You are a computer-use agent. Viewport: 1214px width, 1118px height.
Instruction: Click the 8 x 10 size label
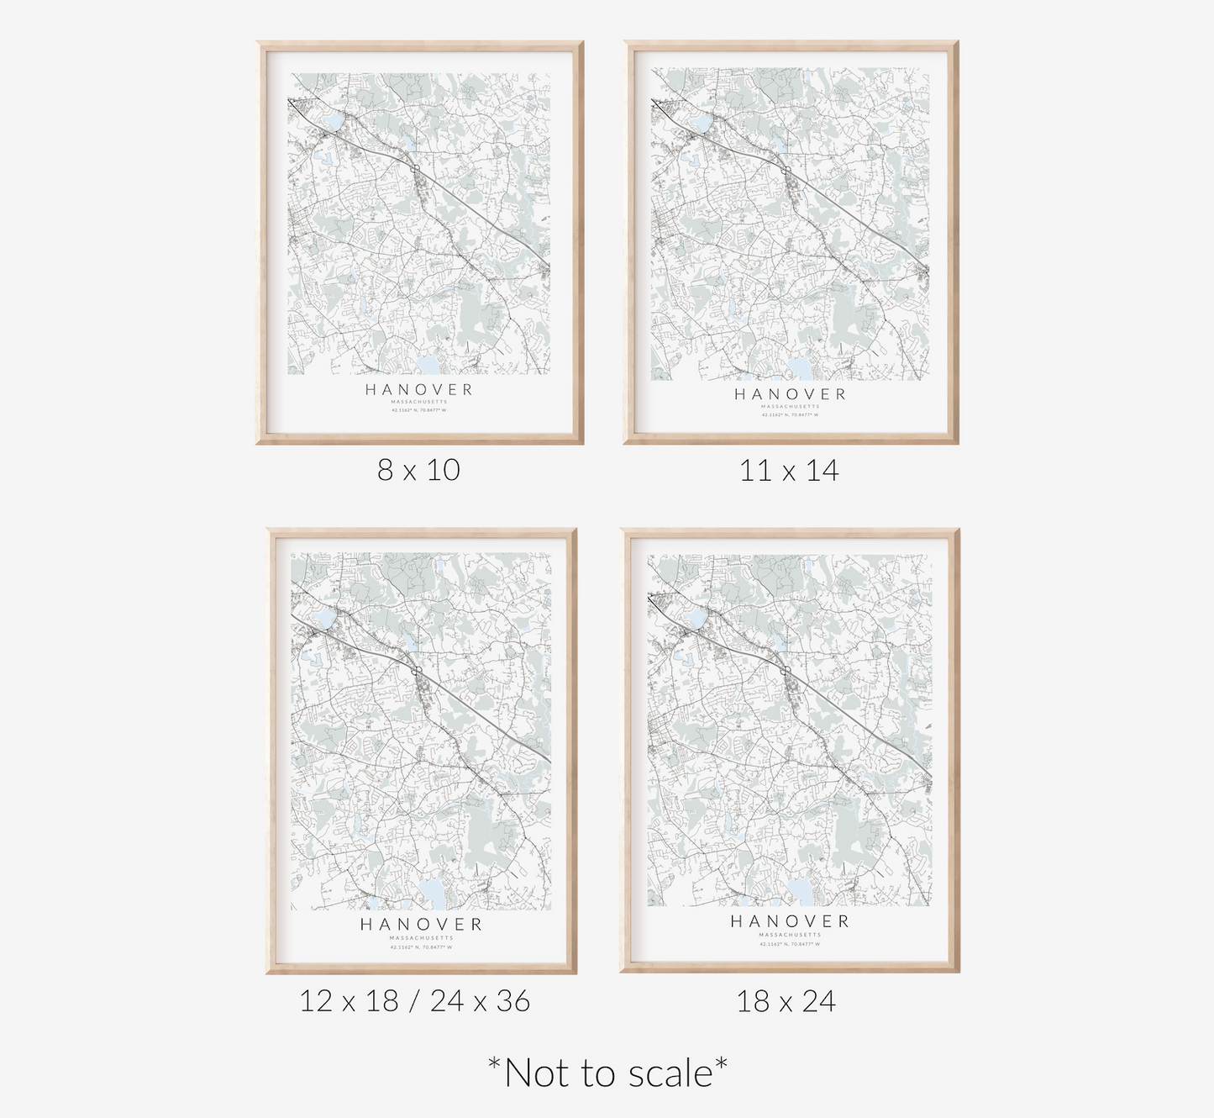click(x=418, y=470)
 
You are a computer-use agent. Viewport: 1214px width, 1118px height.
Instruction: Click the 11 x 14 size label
click(x=789, y=471)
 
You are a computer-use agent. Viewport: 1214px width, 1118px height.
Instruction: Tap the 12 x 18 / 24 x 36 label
click(x=415, y=1001)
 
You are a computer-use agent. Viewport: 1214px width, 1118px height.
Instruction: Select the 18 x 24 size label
click(x=786, y=1001)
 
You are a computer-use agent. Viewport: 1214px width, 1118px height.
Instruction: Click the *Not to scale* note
click(x=607, y=1073)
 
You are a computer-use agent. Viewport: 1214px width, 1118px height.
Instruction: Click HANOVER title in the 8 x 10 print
click(x=419, y=389)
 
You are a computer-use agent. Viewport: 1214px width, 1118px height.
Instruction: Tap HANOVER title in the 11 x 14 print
click(x=790, y=394)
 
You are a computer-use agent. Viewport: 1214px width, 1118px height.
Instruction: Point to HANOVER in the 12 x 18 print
click(x=421, y=925)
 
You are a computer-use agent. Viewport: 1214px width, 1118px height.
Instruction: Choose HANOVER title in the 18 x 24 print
click(x=790, y=921)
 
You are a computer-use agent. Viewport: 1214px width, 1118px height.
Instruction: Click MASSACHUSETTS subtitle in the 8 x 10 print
click(x=419, y=402)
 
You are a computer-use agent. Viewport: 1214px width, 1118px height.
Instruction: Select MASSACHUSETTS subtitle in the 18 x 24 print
click(x=790, y=935)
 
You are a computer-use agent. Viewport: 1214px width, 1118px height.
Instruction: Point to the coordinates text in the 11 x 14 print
click(x=790, y=414)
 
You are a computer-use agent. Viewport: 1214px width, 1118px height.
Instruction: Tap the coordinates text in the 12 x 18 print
click(x=421, y=947)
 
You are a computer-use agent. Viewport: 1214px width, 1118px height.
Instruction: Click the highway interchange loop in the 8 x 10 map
click(x=416, y=169)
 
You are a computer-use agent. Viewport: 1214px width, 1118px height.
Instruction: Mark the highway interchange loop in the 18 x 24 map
click(x=786, y=670)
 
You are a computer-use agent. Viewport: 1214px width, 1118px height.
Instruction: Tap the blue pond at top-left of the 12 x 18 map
click(x=323, y=620)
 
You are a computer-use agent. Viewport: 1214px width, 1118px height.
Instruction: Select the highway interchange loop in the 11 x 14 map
click(x=784, y=170)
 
